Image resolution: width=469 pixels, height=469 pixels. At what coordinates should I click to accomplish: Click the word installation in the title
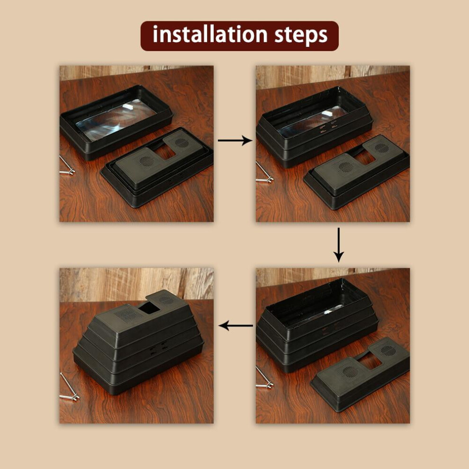pos(210,35)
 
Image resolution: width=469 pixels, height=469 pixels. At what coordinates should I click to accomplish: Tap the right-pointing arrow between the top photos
pos(235,140)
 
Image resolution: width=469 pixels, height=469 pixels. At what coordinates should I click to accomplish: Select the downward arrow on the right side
pos(339,244)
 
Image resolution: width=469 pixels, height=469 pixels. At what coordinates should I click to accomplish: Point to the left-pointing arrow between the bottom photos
pos(236,325)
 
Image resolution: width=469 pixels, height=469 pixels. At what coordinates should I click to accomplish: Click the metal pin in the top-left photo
pos(67,165)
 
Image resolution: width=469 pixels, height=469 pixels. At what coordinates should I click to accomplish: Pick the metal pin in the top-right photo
pos(264,173)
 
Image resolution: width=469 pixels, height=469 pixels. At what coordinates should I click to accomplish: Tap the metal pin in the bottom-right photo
pos(264,378)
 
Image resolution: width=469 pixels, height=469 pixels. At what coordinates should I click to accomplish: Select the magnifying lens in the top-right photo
pos(311,121)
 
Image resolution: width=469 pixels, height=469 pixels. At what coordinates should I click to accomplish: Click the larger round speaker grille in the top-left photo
pos(146,162)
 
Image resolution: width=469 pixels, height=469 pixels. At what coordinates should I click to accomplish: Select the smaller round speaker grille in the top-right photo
pos(382,148)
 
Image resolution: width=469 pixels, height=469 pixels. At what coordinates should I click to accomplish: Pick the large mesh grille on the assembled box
pos(128,315)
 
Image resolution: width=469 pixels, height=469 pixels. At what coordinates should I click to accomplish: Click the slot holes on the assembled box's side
pos(158,348)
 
